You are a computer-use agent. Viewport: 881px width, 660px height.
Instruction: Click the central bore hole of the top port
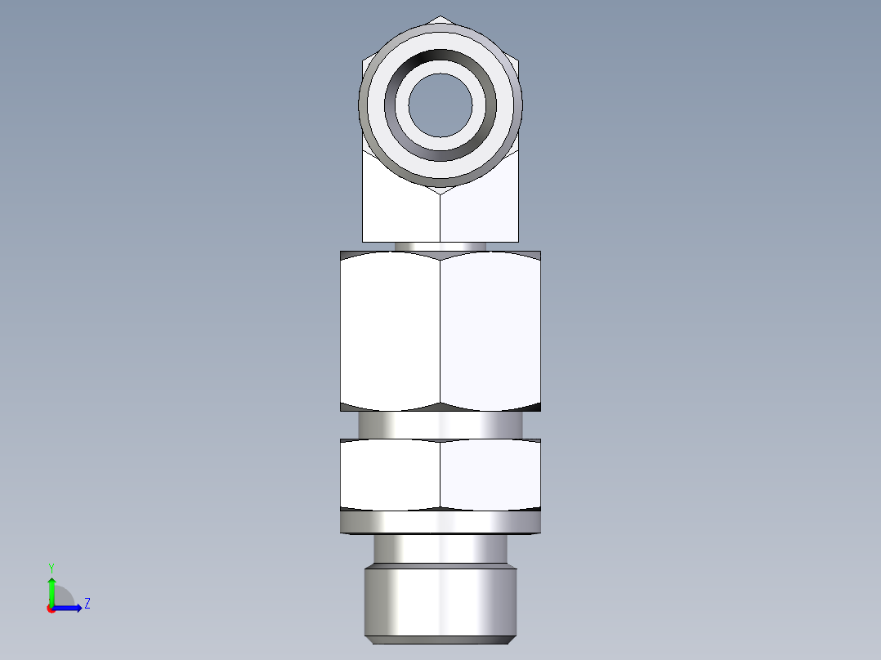[440, 105]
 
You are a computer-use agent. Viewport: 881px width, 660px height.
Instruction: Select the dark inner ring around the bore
[440, 60]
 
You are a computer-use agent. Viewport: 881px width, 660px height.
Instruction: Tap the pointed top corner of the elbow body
[440, 17]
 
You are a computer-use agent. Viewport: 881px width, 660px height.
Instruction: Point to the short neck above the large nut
[440, 246]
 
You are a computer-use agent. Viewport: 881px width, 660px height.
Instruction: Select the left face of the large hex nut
[391, 331]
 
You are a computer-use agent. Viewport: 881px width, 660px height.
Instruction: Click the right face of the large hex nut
[490, 331]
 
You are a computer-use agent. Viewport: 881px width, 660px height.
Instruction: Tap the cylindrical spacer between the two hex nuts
[440, 425]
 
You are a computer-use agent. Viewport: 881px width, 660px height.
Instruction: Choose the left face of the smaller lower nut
[391, 475]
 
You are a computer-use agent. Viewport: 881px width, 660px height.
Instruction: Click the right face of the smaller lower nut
[490, 475]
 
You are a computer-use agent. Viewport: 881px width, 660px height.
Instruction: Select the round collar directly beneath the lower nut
[440, 522]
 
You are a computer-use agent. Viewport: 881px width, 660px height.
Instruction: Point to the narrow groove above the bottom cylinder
[440, 549]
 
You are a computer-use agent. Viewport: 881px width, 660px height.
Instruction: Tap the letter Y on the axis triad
[51, 567]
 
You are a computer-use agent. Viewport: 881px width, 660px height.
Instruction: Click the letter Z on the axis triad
[87, 604]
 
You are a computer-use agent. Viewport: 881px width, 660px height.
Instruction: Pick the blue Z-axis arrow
[69, 607]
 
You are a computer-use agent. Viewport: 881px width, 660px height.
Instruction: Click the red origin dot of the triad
[51, 608]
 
